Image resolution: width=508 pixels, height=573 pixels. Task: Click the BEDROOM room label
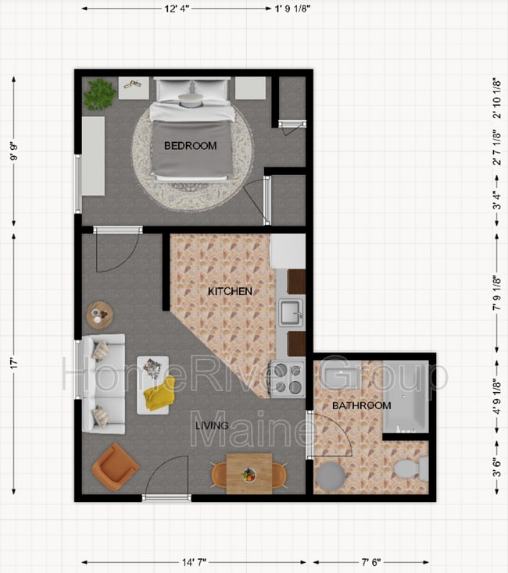pyautogui.click(x=190, y=146)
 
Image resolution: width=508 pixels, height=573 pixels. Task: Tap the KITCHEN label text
pyautogui.click(x=230, y=291)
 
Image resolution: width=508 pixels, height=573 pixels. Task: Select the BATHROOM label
pyautogui.click(x=362, y=405)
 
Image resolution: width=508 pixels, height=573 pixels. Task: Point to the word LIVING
pyautogui.click(x=212, y=425)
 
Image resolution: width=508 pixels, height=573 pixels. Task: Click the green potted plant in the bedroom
pyautogui.click(x=99, y=94)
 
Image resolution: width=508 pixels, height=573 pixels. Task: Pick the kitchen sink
pyautogui.click(x=291, y=313)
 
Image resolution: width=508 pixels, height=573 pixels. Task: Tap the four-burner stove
pyautogui.click(x=288, y=379)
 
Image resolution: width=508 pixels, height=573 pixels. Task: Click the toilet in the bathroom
pyautogui.click(x=412, y=468)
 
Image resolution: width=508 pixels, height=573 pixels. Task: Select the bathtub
pyautogui.click(x=406, y=397)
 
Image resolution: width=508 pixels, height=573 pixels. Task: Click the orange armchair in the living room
pyautogui.click(x=115, y=467)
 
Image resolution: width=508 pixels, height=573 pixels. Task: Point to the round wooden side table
pyautogui.click(x=99, y=315)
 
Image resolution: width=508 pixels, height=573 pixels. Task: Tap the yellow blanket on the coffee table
pyautogui.click(x=159, y=393)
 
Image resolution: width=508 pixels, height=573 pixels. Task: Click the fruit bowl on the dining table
pyautogui.click(x=249, y=475)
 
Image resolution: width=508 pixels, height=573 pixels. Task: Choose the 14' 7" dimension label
pyautogui.click(x=194, y=561)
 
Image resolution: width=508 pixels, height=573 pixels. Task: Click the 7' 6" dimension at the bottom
pyautogui.click(x=371, y=561)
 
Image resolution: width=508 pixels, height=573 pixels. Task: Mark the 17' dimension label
pyautogui.click(x=14, y=363)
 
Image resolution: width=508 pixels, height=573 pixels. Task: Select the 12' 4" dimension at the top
pyautogui.click(x=177, y=9)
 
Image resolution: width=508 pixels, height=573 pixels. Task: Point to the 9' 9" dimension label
pyautogui.click(x=14, y=151)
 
